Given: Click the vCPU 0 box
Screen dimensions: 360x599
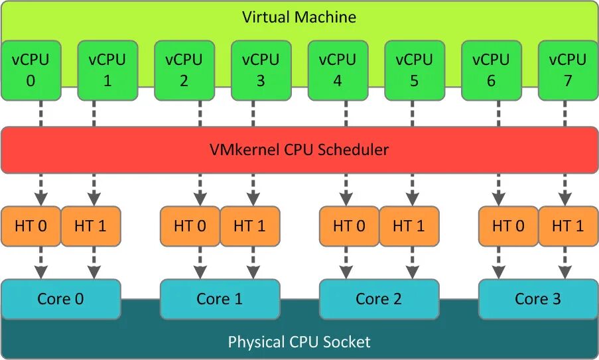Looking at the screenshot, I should click(31, 70).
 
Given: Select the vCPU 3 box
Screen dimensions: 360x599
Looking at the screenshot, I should click(261, 70).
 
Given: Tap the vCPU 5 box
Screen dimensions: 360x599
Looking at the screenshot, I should click(414, 70).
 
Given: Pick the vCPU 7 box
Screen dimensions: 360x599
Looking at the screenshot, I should click(567, 70).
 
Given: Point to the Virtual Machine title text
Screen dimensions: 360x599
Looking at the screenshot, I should click(299, 17).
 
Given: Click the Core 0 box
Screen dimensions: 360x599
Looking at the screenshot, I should click(61, 299).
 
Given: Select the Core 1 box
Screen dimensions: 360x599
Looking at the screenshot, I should click(220, 299).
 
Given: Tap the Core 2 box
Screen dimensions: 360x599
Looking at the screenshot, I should click(379, 299).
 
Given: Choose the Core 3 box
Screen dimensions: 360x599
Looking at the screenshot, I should click(538, 299).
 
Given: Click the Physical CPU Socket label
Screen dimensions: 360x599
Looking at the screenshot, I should click(299, 342).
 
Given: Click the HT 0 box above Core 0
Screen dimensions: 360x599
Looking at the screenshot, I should click(31, 226).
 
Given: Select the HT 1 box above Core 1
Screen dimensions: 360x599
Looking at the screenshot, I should click(249, 226).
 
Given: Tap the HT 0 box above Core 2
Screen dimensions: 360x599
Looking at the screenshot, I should click(349, 226).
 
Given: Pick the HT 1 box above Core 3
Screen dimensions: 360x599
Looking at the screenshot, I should click(567, 226).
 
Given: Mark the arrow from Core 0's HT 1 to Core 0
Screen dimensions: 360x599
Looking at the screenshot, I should click(93, 263).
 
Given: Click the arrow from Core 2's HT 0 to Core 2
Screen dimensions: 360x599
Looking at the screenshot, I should click(346, 263).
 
